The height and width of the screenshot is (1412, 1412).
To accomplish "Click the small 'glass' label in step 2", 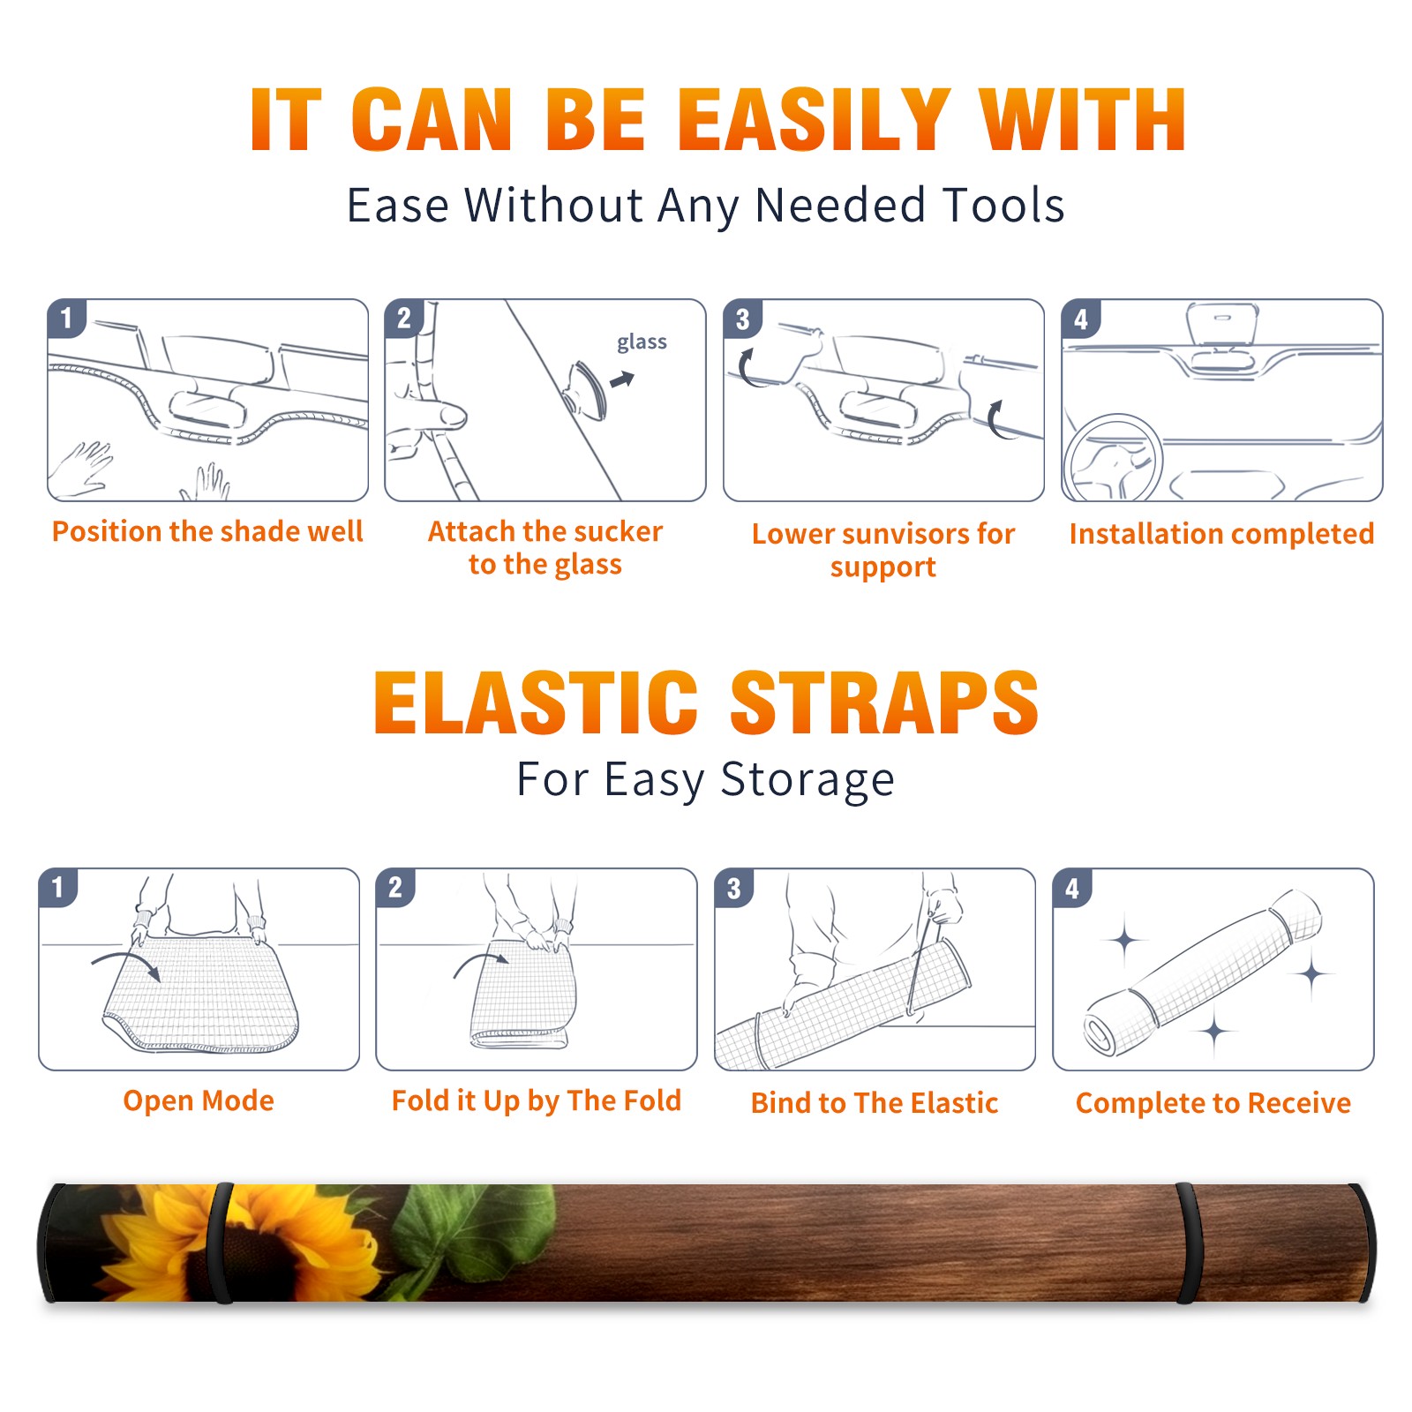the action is [x=642, y=342].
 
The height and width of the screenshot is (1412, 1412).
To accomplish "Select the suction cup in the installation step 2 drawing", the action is [x=587, y=389].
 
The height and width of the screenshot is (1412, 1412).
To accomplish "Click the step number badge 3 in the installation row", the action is [x=742, y=319].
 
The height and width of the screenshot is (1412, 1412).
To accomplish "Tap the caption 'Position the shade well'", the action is [x=207, y=531].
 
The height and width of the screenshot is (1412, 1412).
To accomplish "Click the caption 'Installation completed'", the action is [x=1221, y=533].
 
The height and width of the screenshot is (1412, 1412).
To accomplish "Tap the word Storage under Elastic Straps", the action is [x=807, y=779].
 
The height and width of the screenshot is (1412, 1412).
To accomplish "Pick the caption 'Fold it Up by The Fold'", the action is [x=537, y=1100].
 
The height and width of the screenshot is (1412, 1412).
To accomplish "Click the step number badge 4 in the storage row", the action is [x=1072, y=888].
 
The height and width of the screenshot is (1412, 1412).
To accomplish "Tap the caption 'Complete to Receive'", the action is [x=1213, y=1103].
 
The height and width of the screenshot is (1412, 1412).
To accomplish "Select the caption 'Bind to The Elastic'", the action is [x=875, y=1103].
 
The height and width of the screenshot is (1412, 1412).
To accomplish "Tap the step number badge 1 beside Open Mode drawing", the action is [x=58, y=888].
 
